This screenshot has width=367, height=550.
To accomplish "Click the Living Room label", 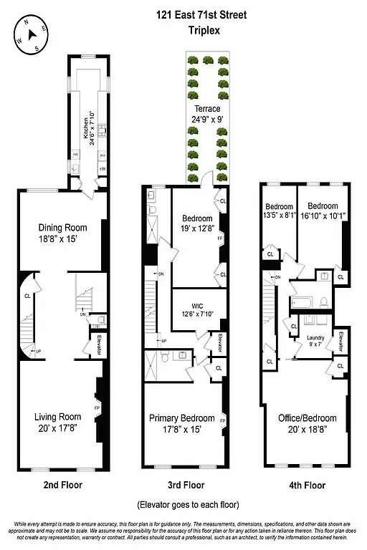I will coord(57,421).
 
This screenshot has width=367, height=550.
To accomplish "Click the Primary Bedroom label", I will coord(181,423).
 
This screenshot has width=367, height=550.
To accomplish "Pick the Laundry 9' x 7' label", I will coord(315,341).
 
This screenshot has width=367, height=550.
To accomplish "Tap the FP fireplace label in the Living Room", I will coord(97,408).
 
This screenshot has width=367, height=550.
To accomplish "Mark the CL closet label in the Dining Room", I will coord(27,295).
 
